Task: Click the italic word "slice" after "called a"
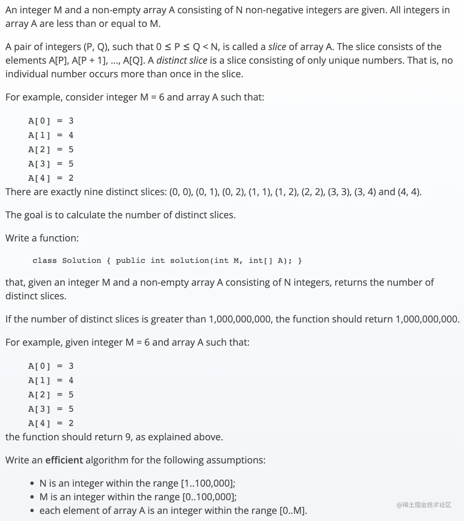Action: pyautogui.click(x=277, y=47)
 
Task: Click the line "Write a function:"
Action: pyautogui.click(x=42, y=238)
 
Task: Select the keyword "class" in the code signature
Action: pyautogui.click(x=45, y=260)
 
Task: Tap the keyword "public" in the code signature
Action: pyautogui.click(x=130, y=260)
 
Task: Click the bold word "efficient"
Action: pyautogui.click(x=64, y=460)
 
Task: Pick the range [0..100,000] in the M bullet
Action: pyautogui.click(x=208, y=497)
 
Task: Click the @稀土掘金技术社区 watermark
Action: pyautogui.click(x=424, y=505)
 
